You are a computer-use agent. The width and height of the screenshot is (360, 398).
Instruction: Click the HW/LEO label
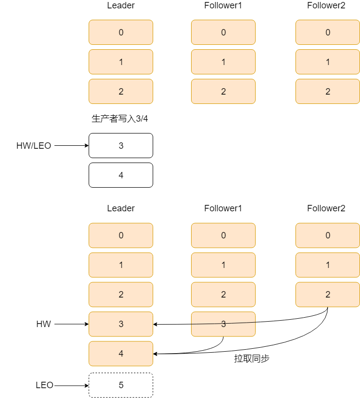tap(33, 146)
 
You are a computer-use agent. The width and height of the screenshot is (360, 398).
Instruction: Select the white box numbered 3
tap(121, 146)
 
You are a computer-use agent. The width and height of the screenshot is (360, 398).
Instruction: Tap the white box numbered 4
tap(121, 175)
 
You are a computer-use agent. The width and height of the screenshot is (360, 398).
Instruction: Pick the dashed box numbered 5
tap(121, 385)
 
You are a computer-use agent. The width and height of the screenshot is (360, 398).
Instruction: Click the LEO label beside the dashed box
tap(44, 385)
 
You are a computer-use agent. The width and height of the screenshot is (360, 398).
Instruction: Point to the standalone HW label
tap(43, 324)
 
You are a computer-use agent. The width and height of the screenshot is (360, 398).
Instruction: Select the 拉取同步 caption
tap(251, 359)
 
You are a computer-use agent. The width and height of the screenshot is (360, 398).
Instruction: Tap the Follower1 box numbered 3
tap(223, 324)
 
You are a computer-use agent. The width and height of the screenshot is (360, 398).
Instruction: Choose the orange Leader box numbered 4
tap(121, 354)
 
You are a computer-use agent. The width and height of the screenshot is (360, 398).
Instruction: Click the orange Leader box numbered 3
tap(121, 324)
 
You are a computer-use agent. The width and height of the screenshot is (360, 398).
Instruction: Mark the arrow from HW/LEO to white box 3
tap(71, 146)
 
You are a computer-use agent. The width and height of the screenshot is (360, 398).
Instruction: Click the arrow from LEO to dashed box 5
tap(71, 385)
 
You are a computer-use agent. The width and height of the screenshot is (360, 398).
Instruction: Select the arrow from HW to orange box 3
tap(71, 324)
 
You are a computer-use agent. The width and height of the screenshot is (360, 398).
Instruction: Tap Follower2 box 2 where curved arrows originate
tap(327, 295)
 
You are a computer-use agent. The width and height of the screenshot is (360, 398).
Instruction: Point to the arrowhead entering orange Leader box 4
tap(156, 354)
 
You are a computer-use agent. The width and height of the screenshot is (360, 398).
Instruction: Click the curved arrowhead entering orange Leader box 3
tap(156, 324)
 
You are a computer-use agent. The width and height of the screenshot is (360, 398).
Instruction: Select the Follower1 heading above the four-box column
tap(223, 208)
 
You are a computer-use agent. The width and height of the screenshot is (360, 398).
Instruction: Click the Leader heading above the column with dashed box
tap(121, 208)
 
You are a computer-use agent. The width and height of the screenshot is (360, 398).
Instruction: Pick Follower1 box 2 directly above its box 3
tap(223, 295)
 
